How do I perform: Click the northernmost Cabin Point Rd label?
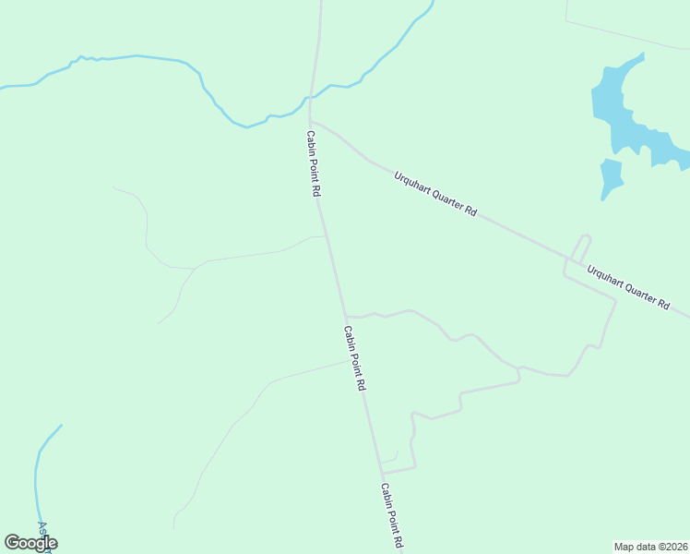314,163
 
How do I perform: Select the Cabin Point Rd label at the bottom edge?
392,517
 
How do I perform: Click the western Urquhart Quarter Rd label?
434,193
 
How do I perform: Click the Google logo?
30,543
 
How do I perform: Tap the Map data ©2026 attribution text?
651,547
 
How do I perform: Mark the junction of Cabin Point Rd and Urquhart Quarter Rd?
311,119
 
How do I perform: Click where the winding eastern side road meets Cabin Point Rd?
346,316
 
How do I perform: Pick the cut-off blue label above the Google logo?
42,527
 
